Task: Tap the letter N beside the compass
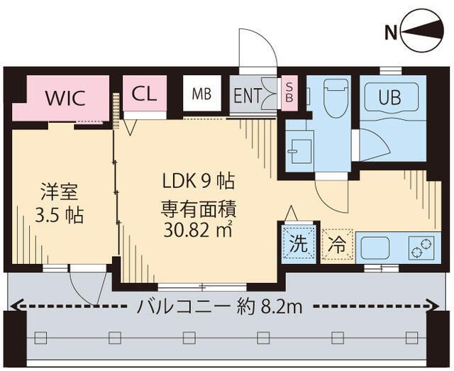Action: [x=390, y=32]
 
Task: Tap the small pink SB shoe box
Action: [x=289, y=93]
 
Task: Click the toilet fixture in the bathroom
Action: [x=333, y=99]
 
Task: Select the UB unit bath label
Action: [x=389, y=98]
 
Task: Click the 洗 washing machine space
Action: [x=298, y=245]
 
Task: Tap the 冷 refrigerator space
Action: [x=337, y=245]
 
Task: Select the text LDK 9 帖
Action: [x=195, y=182]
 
